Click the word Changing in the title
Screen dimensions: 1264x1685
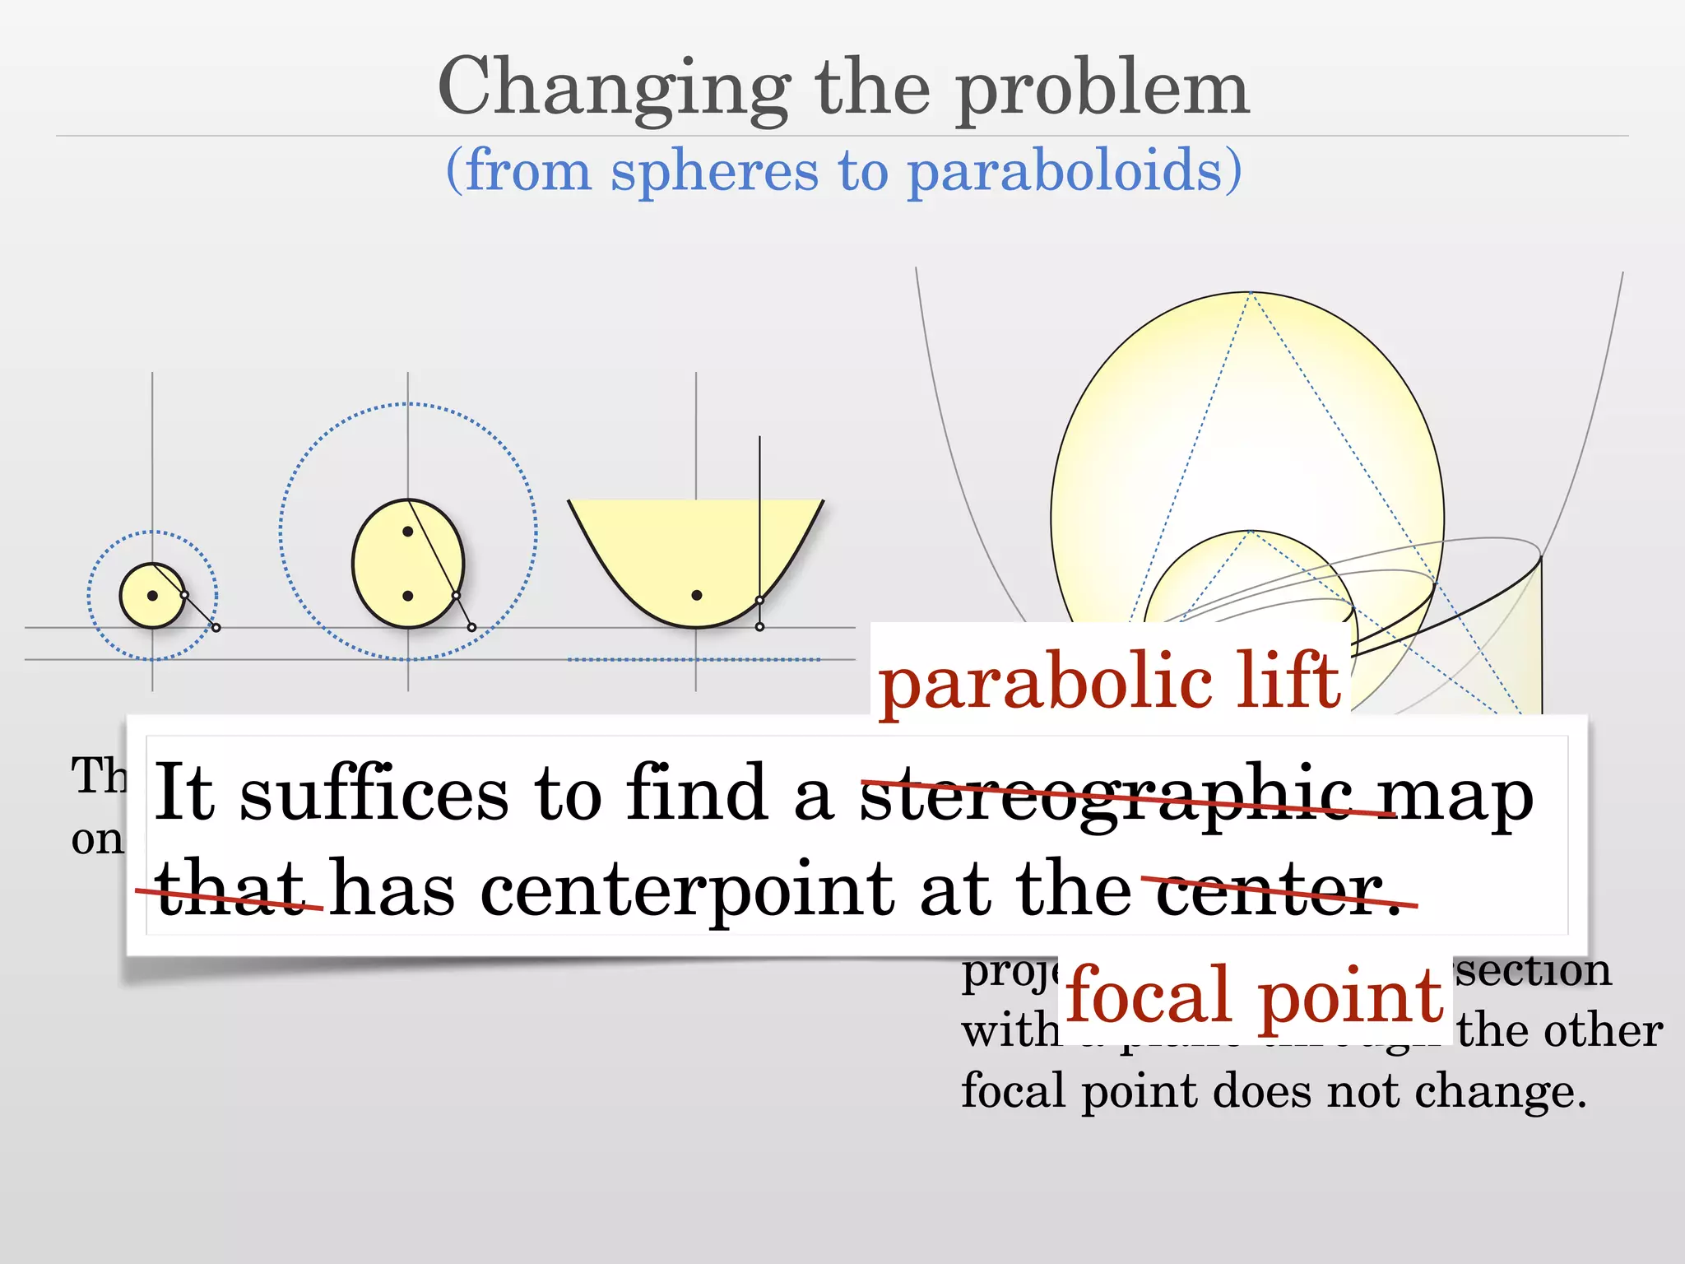613,89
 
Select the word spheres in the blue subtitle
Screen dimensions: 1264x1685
714,171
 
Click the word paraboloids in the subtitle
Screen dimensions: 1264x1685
1074,171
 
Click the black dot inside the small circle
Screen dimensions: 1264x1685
152,596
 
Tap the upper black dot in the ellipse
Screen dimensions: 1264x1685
407,532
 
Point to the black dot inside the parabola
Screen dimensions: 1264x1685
696,595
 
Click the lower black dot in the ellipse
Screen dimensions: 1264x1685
407,596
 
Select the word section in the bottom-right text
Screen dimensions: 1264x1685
1532,971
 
